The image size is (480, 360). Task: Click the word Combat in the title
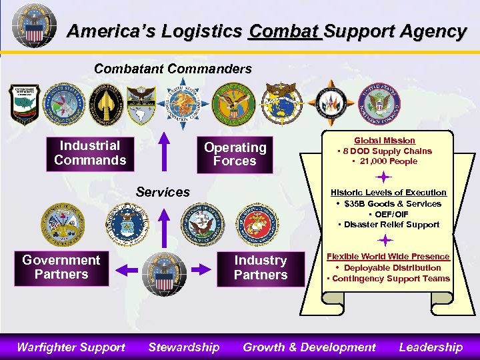click(x=283, y=31)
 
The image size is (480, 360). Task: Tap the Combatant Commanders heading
click(x=173, y=69)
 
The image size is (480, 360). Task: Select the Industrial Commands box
click(x=90, y=153)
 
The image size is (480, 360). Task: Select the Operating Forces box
click(x=235, y=155)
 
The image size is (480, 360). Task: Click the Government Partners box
click(x=61, y=268)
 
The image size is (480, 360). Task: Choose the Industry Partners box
click(x=261, y=268)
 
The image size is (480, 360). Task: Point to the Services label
click(x=163, y=192)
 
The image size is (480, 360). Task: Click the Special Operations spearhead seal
click(x=103, y=103)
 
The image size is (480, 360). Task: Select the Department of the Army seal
click(x=63, y=225)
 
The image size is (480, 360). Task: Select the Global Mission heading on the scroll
click(x=385, y=141)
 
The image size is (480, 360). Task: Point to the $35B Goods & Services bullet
click(x=389, y=203)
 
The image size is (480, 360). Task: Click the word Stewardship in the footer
click(x=183, y=347)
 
